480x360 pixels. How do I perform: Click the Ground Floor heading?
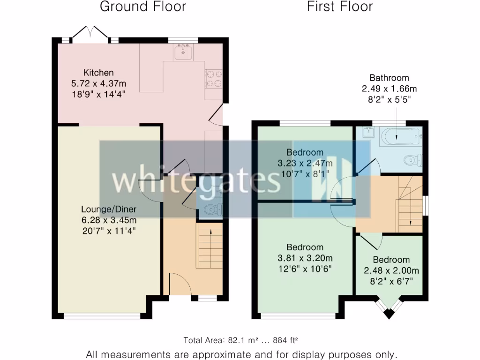[x=143, y=7]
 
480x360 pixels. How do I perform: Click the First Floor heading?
[x=340, y=7]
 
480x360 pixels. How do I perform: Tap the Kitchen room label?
[x=98, y=73]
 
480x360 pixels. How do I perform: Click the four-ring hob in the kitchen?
[x=214, y=79]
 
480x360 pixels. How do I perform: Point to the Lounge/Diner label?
[x=108, y=209]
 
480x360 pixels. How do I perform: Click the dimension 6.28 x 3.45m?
[x=108, y=220]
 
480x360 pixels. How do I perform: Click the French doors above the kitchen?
[x=90, y=35]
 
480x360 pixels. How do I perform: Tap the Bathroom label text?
[x=389, y=78]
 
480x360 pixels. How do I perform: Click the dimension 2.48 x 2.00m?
[x=391, y=270]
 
